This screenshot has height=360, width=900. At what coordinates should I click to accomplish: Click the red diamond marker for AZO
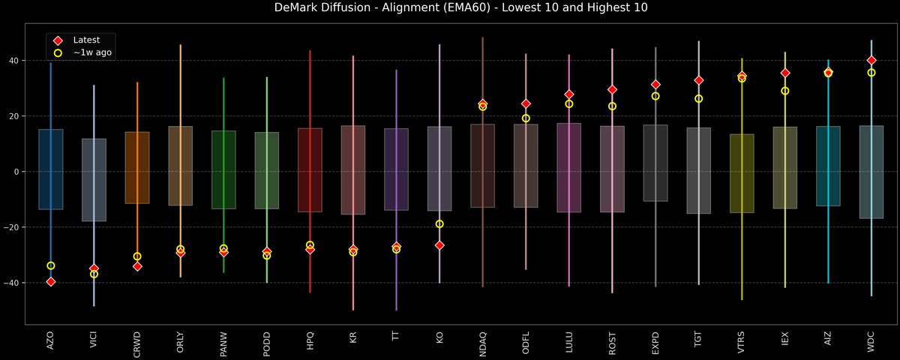[x=50, y=281]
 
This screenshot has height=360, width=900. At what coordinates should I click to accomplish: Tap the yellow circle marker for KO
[x=439, y=223]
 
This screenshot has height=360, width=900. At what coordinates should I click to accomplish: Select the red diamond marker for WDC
[x=871, y=60]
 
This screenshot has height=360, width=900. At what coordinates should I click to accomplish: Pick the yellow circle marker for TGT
[x=698, y=99]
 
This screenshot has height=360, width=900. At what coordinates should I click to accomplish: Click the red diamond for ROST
[x=612, y=89]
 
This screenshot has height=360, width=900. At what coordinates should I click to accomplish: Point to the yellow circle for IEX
[x=785, y=91]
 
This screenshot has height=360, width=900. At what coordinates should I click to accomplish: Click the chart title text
[x=449, y=8]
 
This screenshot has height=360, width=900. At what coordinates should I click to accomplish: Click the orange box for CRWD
[x=137, y=167]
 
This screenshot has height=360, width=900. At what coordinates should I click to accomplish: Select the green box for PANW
[x=223, y=169]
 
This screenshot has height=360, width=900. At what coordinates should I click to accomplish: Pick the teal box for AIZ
[x=828, y=166]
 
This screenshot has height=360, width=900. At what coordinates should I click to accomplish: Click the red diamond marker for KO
[x=439, y=245]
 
